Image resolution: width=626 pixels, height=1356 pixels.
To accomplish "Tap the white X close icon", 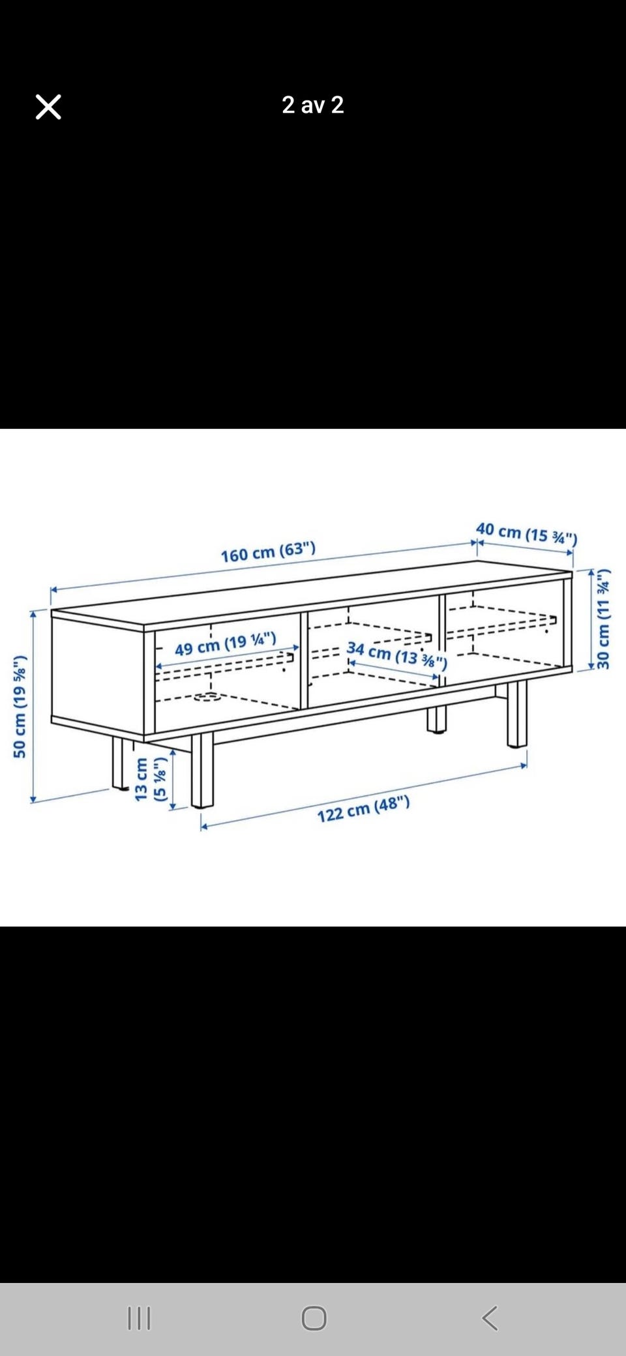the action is [x=48, y=107].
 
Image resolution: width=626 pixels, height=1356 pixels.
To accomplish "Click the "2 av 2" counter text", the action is [x=313, y=105].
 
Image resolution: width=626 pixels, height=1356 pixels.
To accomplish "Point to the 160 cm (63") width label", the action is [x=268, y=552].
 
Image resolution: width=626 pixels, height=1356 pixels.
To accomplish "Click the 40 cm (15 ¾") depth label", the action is [x=526, y=533].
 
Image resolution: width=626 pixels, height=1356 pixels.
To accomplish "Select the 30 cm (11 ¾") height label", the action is [x=604, y=619].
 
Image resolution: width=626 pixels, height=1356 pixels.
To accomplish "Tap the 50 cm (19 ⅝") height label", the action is [x=20, y=706].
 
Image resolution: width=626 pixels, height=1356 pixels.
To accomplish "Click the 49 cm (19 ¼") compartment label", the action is [x=226, y=643].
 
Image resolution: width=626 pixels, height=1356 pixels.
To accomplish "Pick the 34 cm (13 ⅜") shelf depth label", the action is [x=397, y=655].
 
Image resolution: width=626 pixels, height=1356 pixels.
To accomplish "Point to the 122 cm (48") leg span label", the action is [x=363, y=809].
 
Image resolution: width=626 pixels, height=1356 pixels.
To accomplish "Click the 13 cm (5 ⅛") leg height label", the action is [x=150, y=778].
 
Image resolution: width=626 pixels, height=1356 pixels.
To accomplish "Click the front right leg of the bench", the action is [x=516, y=713].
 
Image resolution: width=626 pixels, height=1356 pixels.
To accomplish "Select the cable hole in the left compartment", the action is [x=208, y=697].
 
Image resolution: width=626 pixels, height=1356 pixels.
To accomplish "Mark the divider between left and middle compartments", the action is [x=304, y=660].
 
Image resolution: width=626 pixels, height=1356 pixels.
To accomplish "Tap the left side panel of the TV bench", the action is [x=98, y=674].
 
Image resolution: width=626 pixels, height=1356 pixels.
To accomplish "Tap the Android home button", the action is [x=314, y=1318].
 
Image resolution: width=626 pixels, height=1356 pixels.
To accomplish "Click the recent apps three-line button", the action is [x=139, y=1318].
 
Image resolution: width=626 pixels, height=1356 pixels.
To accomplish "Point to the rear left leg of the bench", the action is [x=119, y=763].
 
